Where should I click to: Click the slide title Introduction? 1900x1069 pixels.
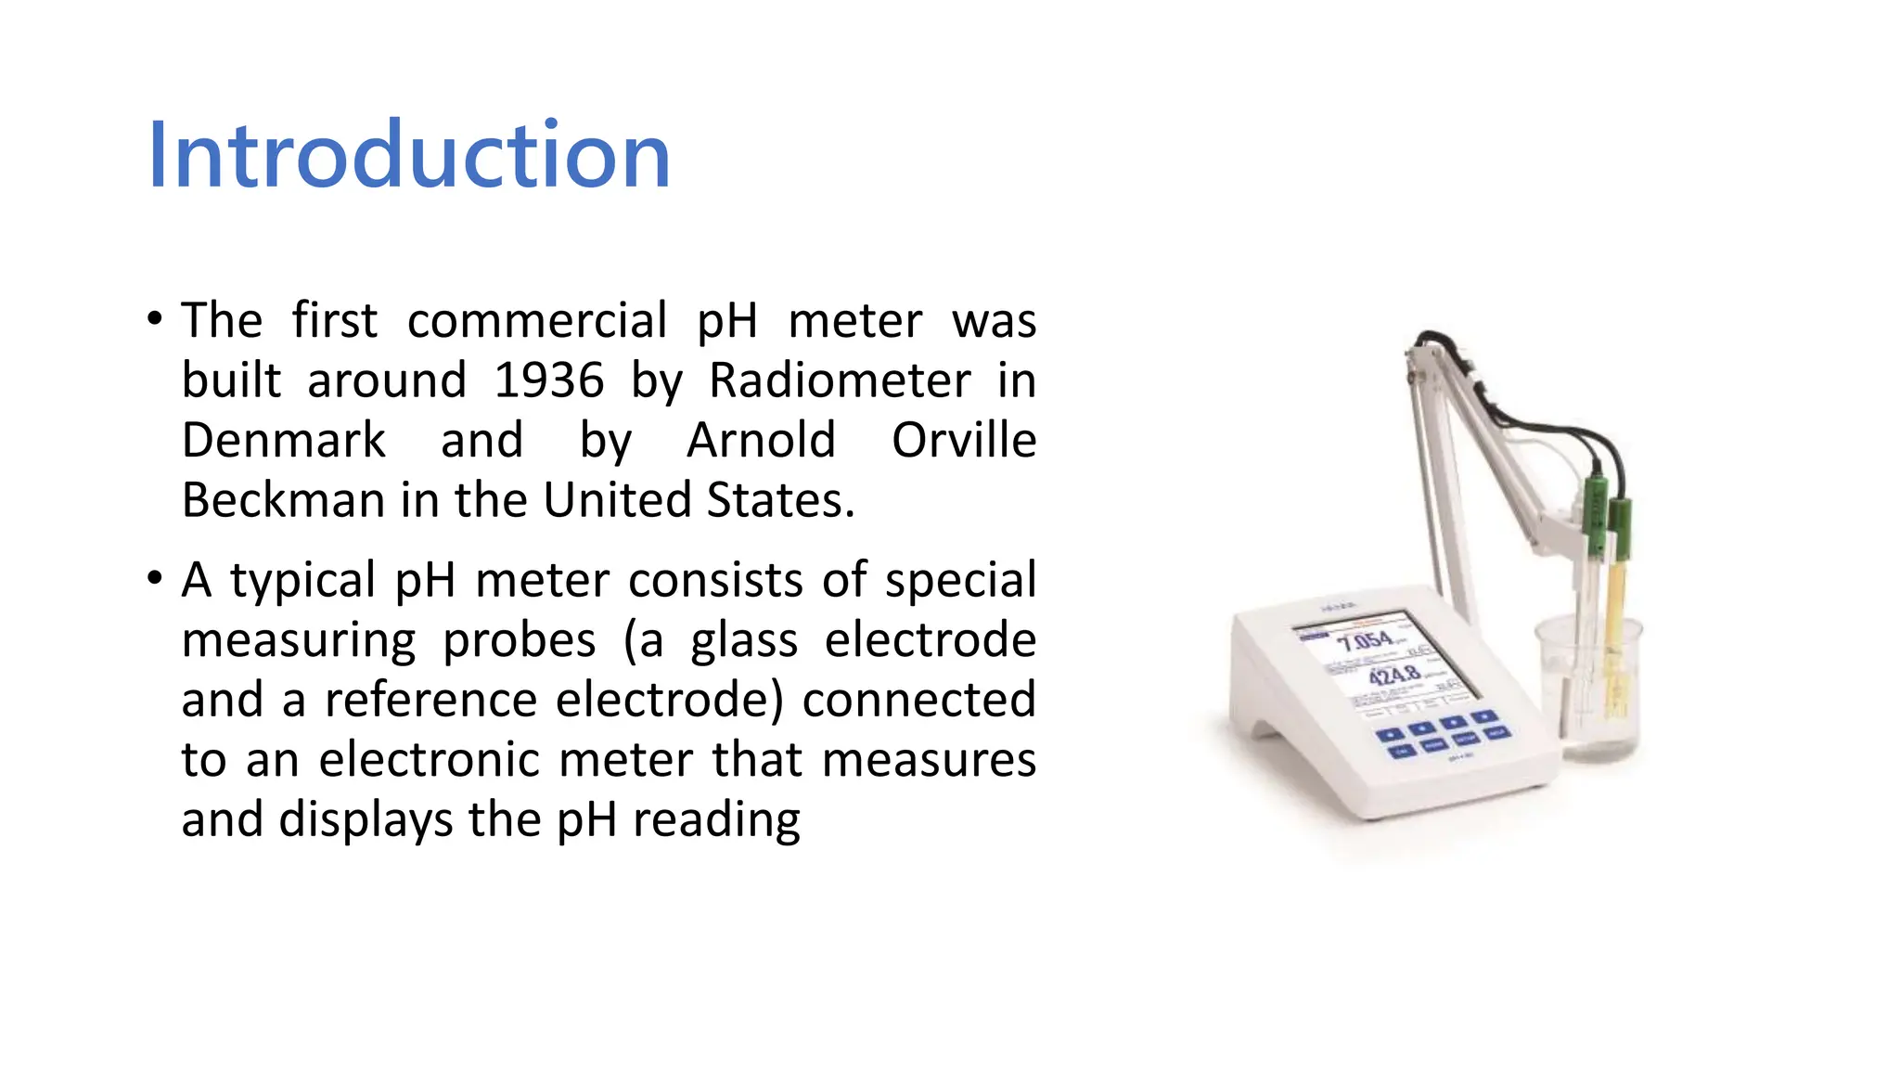click(408, 155)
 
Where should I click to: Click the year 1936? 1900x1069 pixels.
click(548, 380)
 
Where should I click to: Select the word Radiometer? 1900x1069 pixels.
click(840, 380)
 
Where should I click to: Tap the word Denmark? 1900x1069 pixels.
click(283, 440)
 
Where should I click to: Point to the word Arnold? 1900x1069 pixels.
click(761, 440)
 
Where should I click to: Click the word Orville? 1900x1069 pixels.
click(963, 440)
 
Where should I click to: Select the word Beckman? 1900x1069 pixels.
click(283, 500)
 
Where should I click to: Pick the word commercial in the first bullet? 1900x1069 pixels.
click(536, 321)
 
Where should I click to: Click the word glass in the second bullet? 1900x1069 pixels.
click(743, 640)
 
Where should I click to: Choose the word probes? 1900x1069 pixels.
click(519, 640)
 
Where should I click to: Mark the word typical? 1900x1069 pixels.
click(302, 581)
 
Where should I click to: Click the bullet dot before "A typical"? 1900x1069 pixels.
click(155, 579)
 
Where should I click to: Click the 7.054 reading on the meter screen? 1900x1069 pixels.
click(1365, 641)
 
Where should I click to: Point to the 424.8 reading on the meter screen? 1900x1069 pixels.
click(1394, 675)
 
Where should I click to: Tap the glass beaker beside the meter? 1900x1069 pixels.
click(1589, 691)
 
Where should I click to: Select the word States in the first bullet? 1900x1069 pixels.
click(780, 500)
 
